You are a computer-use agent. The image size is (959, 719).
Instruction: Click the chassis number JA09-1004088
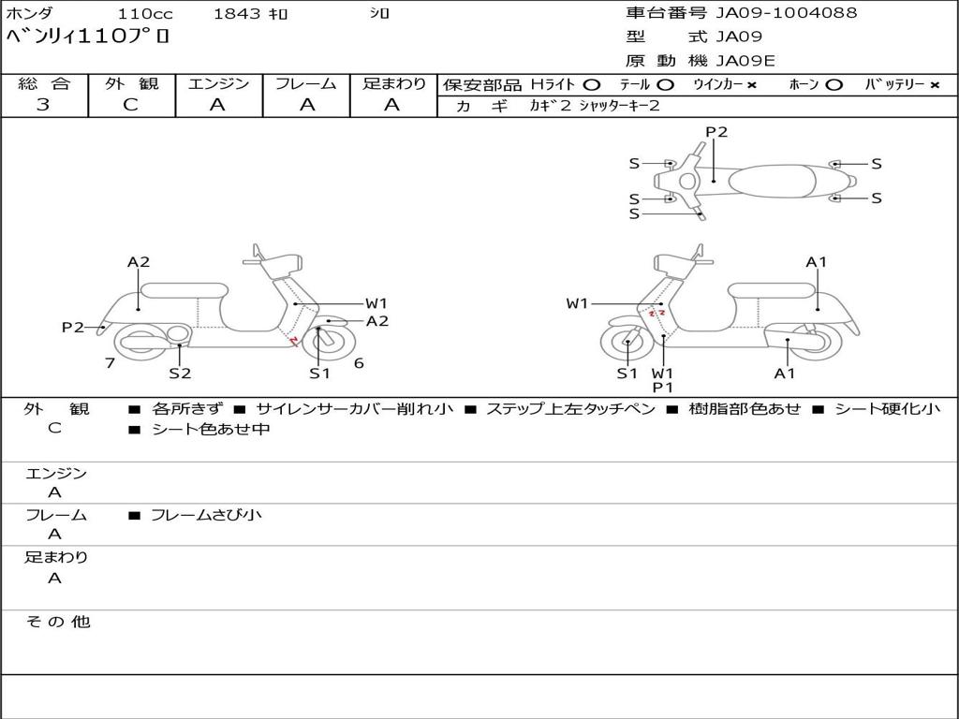coord(786,13)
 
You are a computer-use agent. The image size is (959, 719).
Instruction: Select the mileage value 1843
coord(238,14)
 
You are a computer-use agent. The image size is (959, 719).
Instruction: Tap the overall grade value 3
coord(43,105)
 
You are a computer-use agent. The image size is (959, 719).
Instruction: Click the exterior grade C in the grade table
coord(130,105)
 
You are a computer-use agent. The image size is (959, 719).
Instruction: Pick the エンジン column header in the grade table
coord(218,84)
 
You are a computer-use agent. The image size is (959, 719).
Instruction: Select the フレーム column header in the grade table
coord(305,84)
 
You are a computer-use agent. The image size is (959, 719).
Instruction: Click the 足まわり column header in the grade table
coord(394,84)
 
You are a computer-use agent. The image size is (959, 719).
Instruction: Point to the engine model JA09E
coord(745,62)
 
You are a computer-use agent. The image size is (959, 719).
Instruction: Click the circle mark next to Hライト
coord(591,85)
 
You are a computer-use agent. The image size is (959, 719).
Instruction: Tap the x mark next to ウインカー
coord(751,85)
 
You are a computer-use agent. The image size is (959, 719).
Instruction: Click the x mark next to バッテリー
coord(935,85)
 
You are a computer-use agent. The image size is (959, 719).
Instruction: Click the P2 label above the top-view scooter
coord(716,132)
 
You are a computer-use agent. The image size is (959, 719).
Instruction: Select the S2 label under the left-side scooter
coord(180,374)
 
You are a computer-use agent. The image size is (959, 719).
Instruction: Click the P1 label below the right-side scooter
coord(663,388)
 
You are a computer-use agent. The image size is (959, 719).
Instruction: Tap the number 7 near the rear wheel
coord(111,362)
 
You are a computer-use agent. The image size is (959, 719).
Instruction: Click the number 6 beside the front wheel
coord(359,363)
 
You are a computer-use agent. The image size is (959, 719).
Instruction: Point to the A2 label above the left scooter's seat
coord(139,262)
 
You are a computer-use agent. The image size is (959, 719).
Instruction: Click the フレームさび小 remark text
coord(206,515)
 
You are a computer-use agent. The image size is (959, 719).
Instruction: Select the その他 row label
coord(57,622)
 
